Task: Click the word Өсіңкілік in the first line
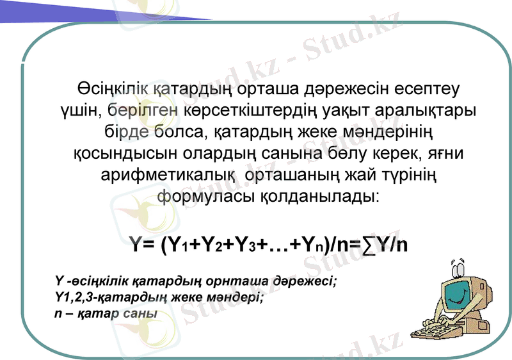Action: tap(109, 87)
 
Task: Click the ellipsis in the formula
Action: tap(277, 245)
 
